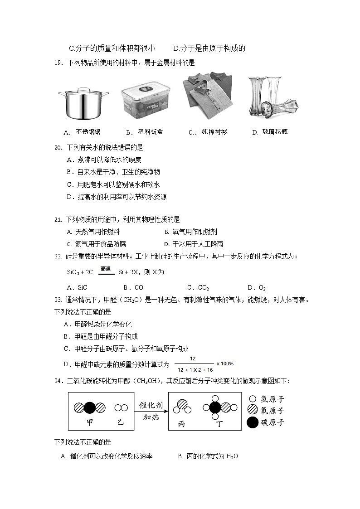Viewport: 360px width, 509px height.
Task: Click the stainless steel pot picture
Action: click(x=83, y=103)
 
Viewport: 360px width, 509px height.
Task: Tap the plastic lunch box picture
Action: click(x=146, y=102)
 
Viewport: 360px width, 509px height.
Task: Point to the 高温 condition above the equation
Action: click(x=106, y=269)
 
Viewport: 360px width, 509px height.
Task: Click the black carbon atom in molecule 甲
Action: click(x=90, y=407)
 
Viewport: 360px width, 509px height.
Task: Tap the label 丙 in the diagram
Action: click(x=182, y=423)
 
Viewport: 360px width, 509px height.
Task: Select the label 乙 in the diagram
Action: click(x=120, y=422)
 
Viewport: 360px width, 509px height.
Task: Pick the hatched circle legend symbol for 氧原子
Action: click(x=253, y=411)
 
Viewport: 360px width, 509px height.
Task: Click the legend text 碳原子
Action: click(x=272, y=422)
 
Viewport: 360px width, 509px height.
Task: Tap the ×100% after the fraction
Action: click(x=225, y=364)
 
